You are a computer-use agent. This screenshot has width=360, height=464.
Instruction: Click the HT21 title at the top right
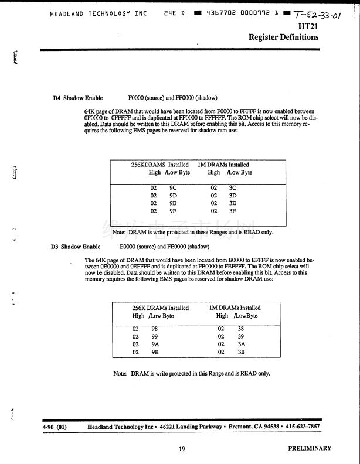[x=308, y=26]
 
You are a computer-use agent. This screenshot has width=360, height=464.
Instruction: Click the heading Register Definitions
[x=284, y=37]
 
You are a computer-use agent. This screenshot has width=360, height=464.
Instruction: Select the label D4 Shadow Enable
[x=78, y=98]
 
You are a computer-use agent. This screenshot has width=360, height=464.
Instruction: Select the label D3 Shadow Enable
[x=76, y=247]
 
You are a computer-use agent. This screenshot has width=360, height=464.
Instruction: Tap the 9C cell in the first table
[x=174, y=187]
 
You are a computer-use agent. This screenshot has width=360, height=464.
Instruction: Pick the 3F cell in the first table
[x=232, y=211]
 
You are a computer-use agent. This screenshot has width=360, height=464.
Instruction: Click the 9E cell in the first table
[x=174, y=203]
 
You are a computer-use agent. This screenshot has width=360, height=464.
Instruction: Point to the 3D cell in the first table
[x=232, y=195]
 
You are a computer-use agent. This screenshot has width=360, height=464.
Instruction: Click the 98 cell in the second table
[x=155, y=329]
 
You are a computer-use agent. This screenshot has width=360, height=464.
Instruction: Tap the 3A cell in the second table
[x=241, y=344]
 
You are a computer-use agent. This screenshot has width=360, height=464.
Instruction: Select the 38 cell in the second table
[x=241, y=329]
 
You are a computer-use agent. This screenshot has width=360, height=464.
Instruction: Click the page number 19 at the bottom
[x=182, y=449]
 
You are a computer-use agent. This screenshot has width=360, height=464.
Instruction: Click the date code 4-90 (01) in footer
[x=55, y=427]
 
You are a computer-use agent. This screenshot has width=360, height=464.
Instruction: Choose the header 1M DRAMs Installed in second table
[x=235, y=308]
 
